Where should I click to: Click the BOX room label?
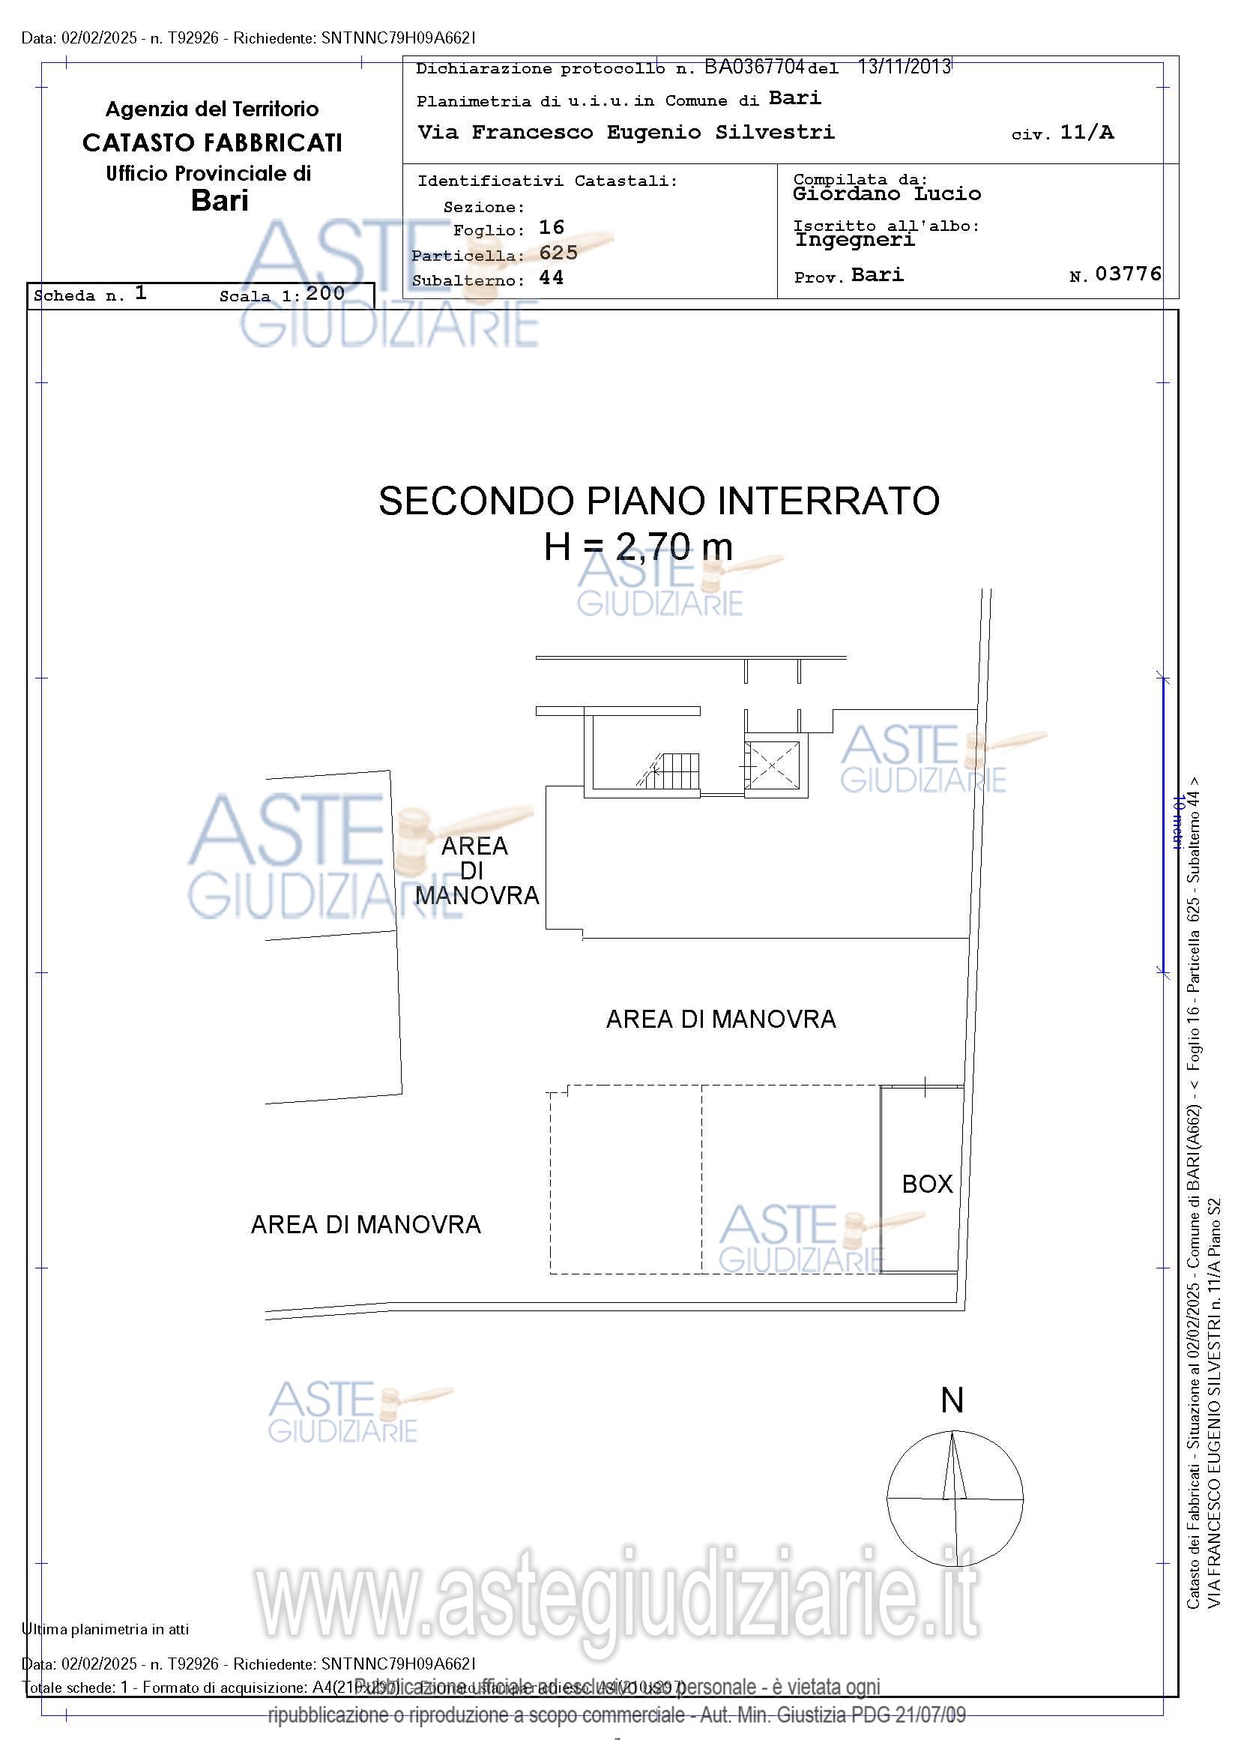(927, 1184)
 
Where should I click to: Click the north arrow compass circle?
(955, 1499)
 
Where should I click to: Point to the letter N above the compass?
(952, 1401)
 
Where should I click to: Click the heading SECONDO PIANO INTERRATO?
(659, 502)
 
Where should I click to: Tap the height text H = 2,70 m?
(638, 547)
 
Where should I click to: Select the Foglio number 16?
(551, 228)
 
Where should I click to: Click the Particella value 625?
(558, 253)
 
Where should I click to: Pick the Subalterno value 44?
(551, 278)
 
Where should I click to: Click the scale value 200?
(324, 294)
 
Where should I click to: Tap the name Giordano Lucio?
(887, 194)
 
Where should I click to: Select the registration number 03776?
(1128, 274)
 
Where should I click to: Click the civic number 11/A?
(1087, 132)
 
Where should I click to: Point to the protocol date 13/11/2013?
(904, 67)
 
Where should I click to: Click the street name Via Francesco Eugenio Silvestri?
(626, 132)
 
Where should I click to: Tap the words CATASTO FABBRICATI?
(211, 143)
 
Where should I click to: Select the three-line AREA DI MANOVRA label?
(476, 870)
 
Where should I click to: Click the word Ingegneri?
(854, 240)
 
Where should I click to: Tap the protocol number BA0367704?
(753, 67)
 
